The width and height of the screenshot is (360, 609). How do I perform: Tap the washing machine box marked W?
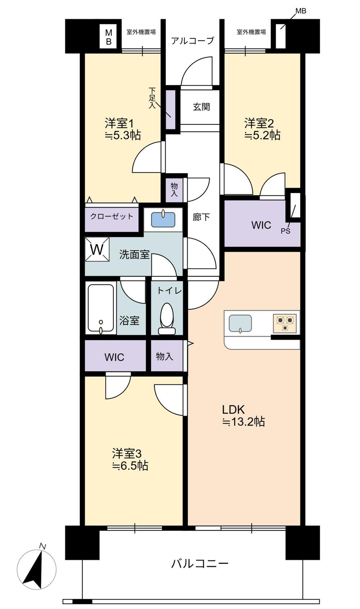tap(97, 249)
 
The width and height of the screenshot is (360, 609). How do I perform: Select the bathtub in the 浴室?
tap(101, 309)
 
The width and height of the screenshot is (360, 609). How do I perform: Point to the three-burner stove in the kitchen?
tap(285, 323)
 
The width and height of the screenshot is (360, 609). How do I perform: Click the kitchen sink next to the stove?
tap(240, 323)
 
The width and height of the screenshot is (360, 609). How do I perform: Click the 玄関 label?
tap(201, 107)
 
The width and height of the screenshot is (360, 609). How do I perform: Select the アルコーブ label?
tap(193, 41)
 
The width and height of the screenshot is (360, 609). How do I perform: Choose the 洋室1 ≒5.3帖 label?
tap(123, 129)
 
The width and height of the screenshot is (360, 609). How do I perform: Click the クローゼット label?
tap(112, 217)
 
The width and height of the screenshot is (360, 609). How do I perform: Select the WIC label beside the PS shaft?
tap(261, 225)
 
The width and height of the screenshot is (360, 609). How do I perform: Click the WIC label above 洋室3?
tap(114, 357)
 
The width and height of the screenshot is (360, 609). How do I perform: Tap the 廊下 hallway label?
tap(201, 217)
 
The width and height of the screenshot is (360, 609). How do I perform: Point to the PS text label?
tap(286, 232)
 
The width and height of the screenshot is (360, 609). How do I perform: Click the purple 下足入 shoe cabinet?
tap(171, 110)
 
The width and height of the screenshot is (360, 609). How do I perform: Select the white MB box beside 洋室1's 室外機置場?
tap(109, 36)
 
